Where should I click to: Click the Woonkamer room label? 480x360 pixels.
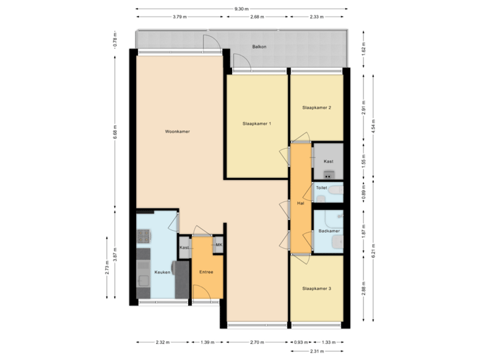(177, 132)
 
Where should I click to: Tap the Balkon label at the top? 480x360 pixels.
(259, 47)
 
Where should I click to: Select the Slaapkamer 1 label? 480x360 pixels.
(256, 124)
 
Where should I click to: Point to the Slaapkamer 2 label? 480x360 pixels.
(316, 107)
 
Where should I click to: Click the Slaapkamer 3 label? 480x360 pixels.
(316, 289)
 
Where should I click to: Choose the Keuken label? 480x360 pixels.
(163, 272)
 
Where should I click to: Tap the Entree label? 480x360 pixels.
(207, 272)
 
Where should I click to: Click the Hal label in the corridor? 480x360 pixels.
(301, 203)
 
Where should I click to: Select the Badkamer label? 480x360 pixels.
(329, 231)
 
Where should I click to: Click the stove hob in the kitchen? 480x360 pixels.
(144, 235)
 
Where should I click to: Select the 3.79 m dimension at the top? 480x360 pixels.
(178, 16)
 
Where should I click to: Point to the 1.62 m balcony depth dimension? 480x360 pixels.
(364, 49)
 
